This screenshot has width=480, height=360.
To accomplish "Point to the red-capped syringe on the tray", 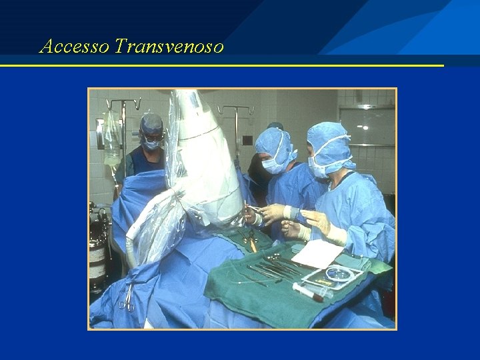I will [308, 291].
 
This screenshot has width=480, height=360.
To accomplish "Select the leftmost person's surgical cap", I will [152, 123].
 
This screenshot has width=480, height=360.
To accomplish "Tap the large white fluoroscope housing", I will [200, 160].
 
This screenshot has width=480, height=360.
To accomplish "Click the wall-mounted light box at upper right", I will [367, 127].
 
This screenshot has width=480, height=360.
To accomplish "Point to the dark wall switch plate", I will [247, 140].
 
